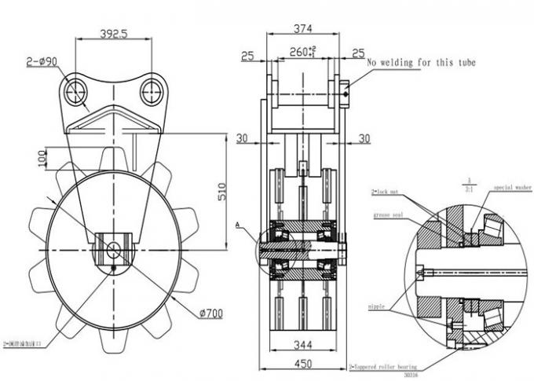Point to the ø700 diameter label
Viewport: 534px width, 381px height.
[210, 314]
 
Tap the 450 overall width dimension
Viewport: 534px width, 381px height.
[302, 363]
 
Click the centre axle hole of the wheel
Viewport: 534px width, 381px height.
[113, 250]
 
